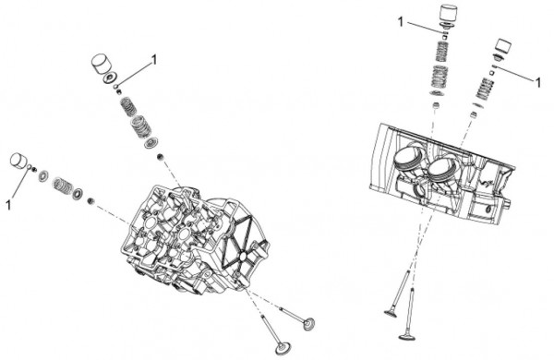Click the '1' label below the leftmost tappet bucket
[x=8, y=205]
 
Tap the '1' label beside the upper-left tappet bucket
[x=153, y=60]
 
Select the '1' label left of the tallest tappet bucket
[x=401, y=22]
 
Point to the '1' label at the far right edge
[x=537, y=83]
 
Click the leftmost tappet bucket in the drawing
[x=18, y=161]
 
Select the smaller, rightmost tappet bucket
[x=503, y=46]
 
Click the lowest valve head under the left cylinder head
[x=283, y=347]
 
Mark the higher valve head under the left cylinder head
[x=309, y=323]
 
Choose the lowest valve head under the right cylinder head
[x=406, y=336]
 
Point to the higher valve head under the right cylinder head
[x=391, y=312]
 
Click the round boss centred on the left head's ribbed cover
[x=242, y=257]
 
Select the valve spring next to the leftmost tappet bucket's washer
[x=63, y=184]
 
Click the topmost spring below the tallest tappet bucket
[x=441, y=52]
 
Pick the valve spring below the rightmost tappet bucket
[x=484, y=89]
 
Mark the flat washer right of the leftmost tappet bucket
[x=43, y=175]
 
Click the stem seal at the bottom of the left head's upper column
[x=160, y=156]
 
